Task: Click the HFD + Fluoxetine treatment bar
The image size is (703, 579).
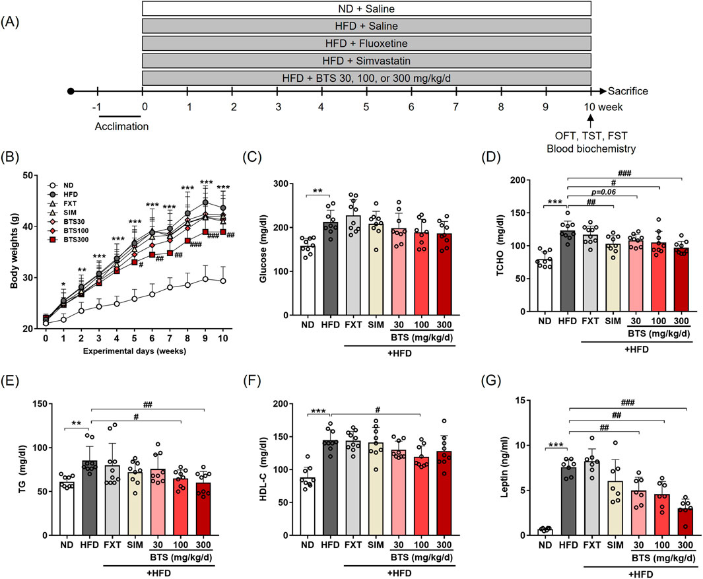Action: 366,44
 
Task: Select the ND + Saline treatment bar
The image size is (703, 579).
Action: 366,9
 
